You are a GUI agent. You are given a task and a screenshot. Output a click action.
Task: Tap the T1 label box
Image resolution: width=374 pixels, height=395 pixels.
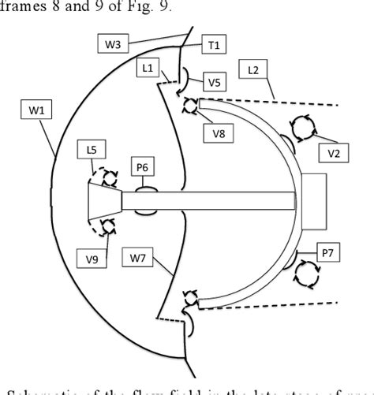click(212, 47)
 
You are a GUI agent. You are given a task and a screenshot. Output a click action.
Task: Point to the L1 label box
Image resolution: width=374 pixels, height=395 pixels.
click(148, 69)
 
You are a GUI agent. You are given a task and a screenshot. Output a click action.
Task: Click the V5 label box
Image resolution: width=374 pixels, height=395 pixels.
click(214, 82)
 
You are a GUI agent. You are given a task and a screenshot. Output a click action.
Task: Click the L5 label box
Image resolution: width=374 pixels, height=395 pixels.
click(92, 147)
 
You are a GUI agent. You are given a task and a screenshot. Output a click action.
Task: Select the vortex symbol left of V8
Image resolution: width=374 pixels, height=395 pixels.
click(191, 106)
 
